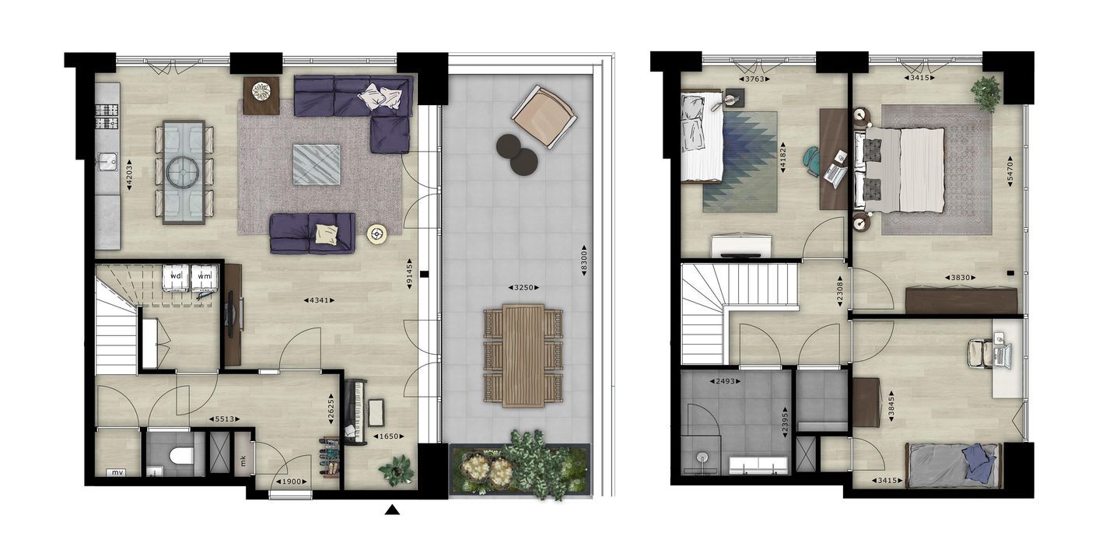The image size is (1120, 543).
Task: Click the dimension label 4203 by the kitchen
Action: point(129,175)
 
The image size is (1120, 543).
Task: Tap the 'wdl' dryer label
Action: point(176,275)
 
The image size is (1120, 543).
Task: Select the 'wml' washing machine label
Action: point(204,275)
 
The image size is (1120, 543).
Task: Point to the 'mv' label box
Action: point(117,472)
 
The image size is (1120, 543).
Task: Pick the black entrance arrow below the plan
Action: point(393,510)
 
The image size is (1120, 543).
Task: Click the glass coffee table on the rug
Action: point(317,164)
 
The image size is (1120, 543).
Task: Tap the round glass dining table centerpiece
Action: point(183,171)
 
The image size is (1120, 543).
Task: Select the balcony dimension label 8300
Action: point(583,261)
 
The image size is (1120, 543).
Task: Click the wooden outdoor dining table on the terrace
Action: point(523,355)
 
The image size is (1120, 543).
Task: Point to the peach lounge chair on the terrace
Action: point(544,117)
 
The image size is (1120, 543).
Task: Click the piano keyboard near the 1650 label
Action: point(354,412)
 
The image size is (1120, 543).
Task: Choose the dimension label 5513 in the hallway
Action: point(224,419)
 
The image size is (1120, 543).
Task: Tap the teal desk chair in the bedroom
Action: point(812,160)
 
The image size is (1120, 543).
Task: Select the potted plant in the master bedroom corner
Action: point(985,93)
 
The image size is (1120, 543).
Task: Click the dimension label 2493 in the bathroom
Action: point(726,381)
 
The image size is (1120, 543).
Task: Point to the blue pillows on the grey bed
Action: point(978,458)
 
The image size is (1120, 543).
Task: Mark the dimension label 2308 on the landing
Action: point(839,293)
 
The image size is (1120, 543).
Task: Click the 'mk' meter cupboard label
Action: point(243,461)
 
